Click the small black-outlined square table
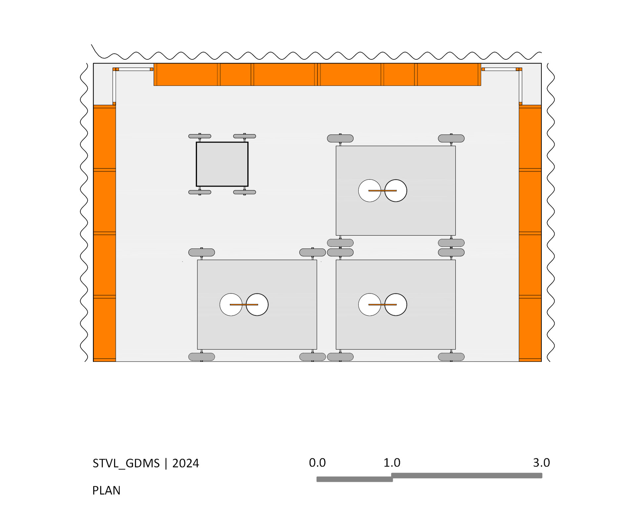coord(222,164)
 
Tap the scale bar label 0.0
coord(317,463)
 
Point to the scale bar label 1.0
coord(392,463)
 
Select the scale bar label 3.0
coord(541,463)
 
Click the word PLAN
coord(106,490)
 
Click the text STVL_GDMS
coord(126,464)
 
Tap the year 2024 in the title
coord(186,463)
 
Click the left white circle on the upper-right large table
coord(369,191)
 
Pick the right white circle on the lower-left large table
coord(257,304)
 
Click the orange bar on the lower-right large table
coord(382,304)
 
